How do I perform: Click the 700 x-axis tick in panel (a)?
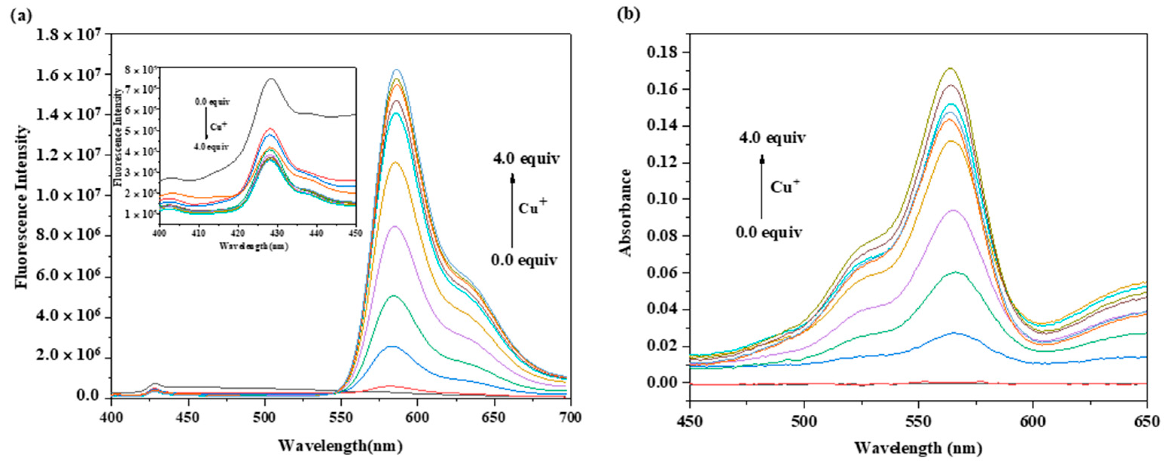(571, 417)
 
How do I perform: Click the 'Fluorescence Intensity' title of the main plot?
(21, 207)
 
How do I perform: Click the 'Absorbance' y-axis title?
(626, 212)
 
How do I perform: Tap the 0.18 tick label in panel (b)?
(663, 52)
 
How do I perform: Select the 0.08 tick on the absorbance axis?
(663, 236)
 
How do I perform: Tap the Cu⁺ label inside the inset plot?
(220, 126)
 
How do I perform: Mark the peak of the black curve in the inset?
(271, 79)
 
